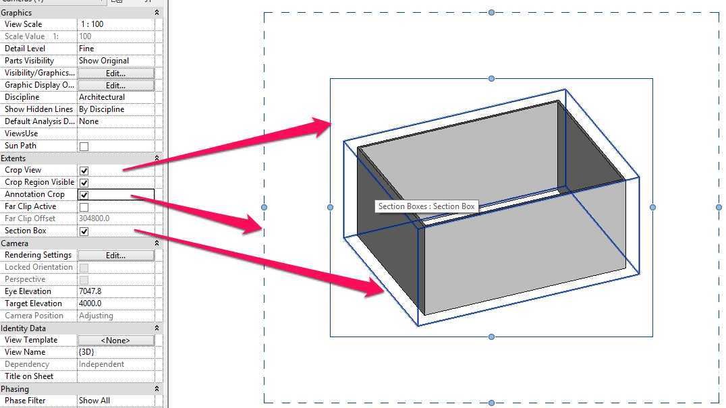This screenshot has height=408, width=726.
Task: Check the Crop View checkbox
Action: pyautogui.click(x=84, y=171)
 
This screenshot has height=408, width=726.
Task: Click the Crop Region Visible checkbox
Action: pyautogui.click(x=84, y=183)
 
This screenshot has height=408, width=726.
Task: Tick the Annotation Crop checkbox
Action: pyautogui.click(x=84, y=195)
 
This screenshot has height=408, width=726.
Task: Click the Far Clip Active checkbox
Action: pyautogui.click(x=84, y=207)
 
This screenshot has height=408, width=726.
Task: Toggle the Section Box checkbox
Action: pyautogui.click(x=84, y=231)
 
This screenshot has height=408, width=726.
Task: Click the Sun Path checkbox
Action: pyautogui.click(x=84, y=146)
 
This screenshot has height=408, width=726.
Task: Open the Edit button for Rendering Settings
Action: pyautogui.click(x=115, y=256)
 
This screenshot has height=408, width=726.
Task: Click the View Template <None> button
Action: pyautogui.click(x=115, y=341)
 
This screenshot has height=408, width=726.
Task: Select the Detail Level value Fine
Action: pyautogui.click(x=86, y=49)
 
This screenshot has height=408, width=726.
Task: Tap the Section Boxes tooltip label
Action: pyautogui.click(x=426, y=206)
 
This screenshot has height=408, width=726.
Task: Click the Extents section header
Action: pyautogui.click(x=13, y=158)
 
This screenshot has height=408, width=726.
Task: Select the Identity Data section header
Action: pyautogui.click(x=24, y=328)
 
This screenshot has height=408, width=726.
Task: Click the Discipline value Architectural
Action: pyautogui.click(x=101, y=97)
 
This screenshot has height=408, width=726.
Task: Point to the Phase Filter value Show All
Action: pyautogui.click(x=94, y=401)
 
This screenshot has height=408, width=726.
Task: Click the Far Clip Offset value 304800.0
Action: pyautogui.click(x=94, y=218)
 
